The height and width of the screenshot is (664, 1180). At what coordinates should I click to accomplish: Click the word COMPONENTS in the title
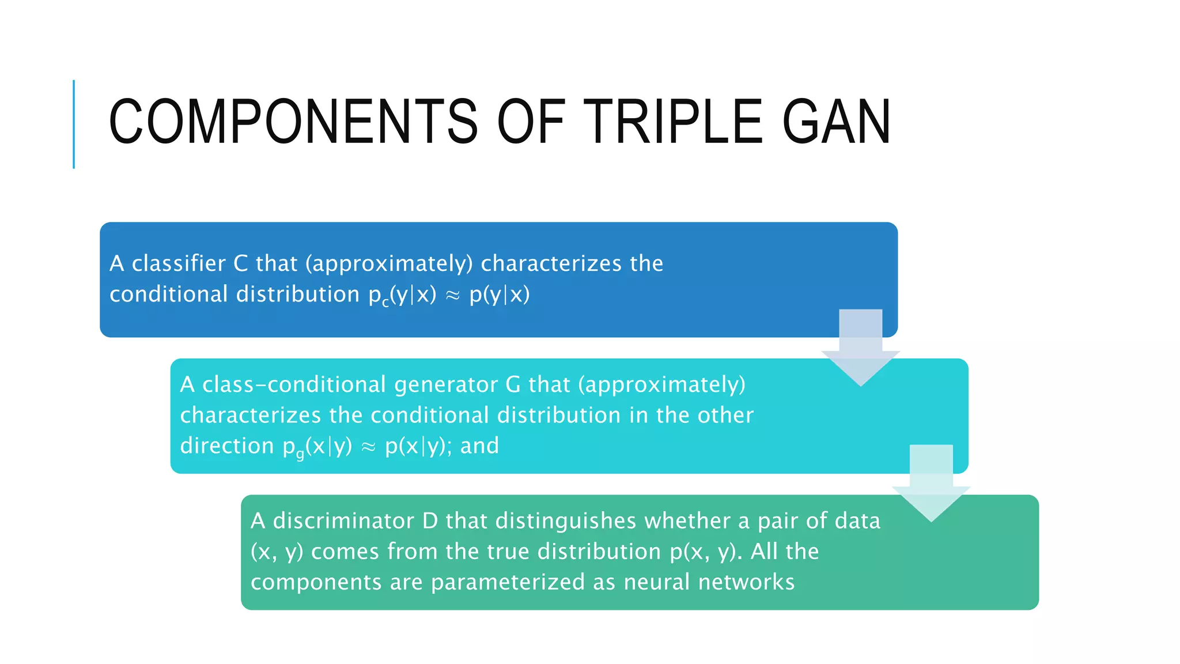293,122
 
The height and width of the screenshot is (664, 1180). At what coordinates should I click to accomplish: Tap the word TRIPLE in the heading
674,122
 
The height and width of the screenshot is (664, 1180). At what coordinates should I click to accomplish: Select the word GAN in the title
837,122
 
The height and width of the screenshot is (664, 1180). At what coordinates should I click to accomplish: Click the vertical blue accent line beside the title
74,124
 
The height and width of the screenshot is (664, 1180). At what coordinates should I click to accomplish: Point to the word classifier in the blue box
179,263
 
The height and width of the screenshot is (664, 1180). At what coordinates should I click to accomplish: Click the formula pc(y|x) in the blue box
402,295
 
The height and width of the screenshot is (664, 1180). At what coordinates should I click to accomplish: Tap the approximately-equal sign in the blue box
453,295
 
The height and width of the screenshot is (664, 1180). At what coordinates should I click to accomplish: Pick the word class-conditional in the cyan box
294,384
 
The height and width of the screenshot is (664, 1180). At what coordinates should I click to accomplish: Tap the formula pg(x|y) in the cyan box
317,447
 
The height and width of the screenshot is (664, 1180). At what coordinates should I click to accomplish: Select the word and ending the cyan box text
479,446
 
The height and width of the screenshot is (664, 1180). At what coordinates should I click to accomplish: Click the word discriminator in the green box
343,521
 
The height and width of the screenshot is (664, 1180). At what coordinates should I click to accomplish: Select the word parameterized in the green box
508,582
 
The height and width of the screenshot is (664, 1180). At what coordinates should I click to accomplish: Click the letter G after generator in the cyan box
513,384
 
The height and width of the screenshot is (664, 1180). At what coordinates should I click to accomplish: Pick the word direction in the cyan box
227,446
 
